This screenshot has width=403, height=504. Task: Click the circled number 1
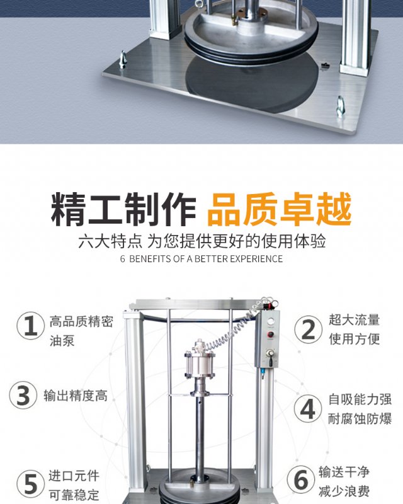pyautogui.click(x=30, y=326)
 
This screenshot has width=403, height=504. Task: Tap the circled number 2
pyautogui.click(x=308, y=329)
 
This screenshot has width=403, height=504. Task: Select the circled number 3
pyautogui.click(x=23, y=395)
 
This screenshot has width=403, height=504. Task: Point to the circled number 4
pyautogui.click(x=308, y=409)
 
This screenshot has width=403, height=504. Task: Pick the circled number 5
pyautogui.click(x=30, y=484)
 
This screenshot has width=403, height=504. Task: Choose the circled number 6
pyautogui.click(x=301, y=479)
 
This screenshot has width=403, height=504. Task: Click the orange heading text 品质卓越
pyautogui.click(x=280, y=209)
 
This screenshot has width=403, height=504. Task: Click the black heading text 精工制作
pyautogui.click(x=123, y=209)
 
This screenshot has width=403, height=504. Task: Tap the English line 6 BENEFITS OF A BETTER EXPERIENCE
pyautogui.click(x=201, y=259)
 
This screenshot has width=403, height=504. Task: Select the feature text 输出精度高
pyautogui.click(x=76, y=396)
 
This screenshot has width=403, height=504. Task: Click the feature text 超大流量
pyautogui.click(x=354, y=320)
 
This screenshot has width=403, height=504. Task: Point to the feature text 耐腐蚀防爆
pyautogui.click(x=360, y=419)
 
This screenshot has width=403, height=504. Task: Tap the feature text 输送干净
pyautogui.click(x=344, y=472)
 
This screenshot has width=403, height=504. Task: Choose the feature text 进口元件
pyautogui.click(x=74, y=476)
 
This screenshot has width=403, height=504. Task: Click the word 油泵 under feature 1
pyautogui.click(x=62, y=341)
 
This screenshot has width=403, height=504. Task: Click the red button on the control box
pyautogui.click(x=270, y=335)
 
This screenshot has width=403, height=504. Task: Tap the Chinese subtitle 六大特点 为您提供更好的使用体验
pyautogui.click(x=202, y=241)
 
